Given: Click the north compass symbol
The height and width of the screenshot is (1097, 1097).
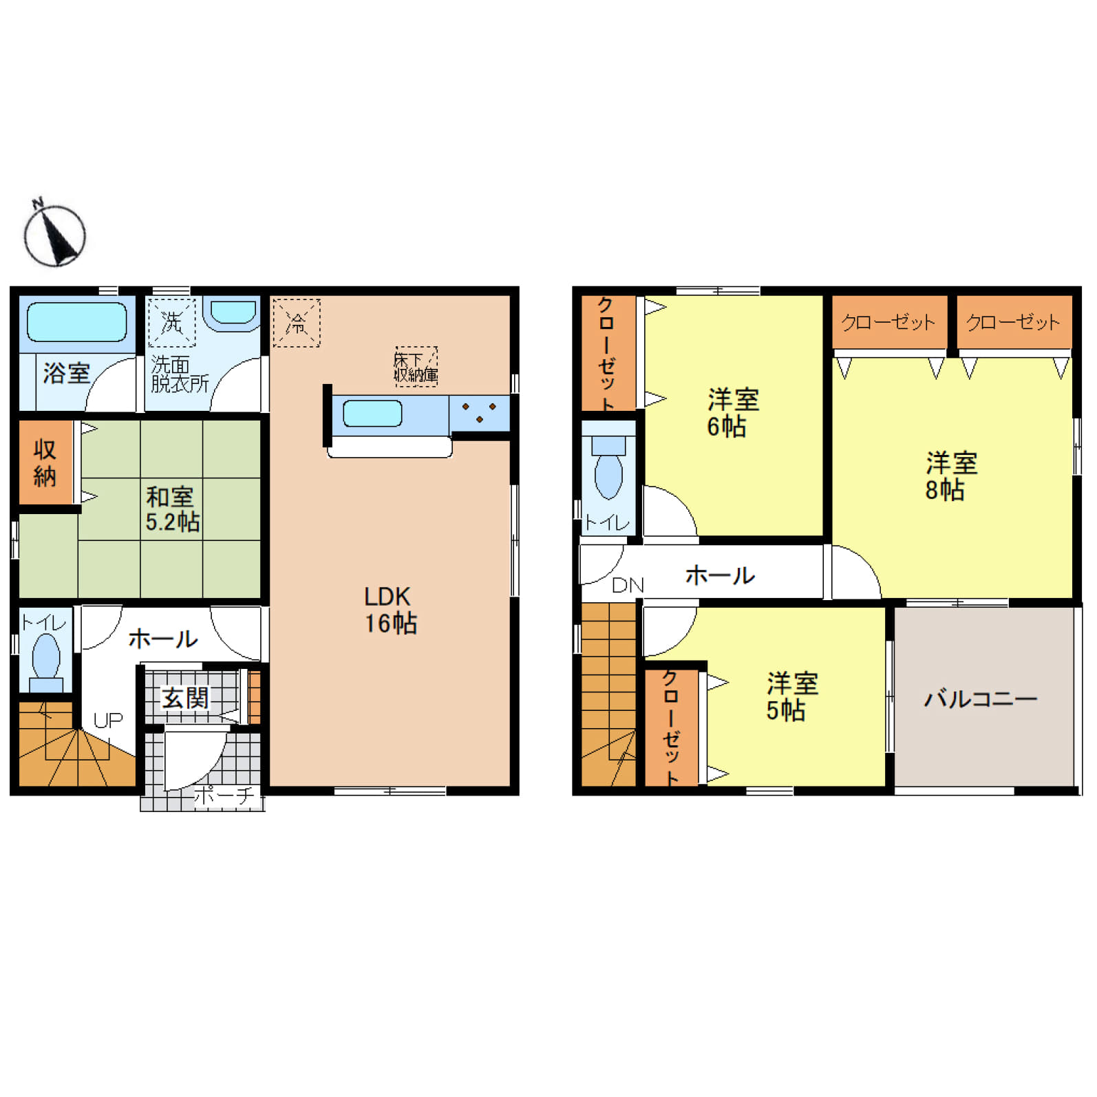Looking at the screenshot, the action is tap(54, 234).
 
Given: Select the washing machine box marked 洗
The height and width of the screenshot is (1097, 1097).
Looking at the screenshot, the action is tap(172, 322).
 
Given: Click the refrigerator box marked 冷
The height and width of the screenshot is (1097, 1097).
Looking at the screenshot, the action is tap(297, 323).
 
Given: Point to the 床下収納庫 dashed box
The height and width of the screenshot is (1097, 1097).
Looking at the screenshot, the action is tap(416, 367).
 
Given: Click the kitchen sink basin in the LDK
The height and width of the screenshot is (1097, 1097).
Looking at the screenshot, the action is tap(372, 414).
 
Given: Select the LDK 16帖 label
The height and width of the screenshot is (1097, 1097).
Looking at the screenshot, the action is tap(390, 609).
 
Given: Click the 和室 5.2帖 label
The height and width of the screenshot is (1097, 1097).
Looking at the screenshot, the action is tap(172, 509).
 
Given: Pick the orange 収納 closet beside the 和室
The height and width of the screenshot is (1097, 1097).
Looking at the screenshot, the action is tap(45, 462).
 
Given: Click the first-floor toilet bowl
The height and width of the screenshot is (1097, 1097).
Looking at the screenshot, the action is tap(45, 656).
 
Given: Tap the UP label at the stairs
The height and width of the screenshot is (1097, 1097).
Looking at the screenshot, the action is tap(108, 721).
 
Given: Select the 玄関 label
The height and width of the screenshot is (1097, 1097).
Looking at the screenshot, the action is tap(184, 698).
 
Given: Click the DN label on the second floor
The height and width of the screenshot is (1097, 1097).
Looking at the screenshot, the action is tap(628, 586).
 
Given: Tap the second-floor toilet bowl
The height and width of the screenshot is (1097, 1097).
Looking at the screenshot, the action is tap(608, 474).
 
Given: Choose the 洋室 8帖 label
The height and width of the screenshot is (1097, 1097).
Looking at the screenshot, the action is tap(950, 476).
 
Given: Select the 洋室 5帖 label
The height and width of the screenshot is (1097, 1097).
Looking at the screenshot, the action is tap(791, 696).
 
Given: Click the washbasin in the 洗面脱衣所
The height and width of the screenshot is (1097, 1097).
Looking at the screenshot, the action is tap(233, 313).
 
